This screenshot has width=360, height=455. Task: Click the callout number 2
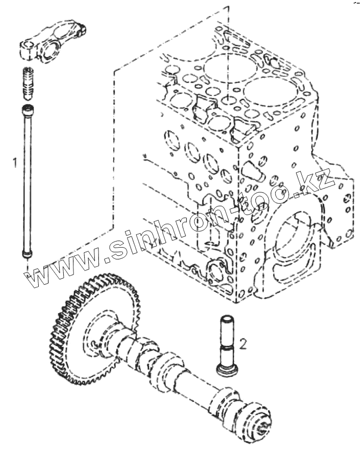[x=243, y=345]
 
